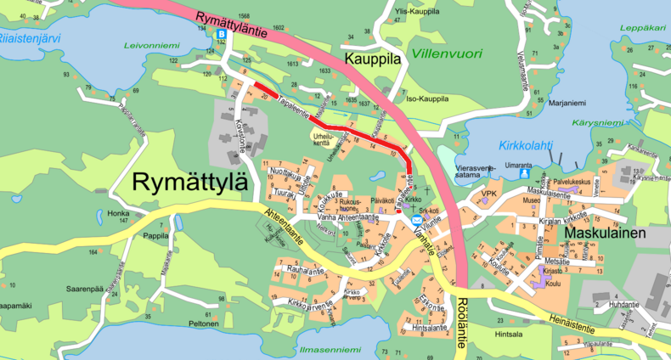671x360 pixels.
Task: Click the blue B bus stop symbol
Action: click(222, 34)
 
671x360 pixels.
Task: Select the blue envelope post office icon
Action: click(417, 220)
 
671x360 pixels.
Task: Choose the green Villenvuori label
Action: click(446, 53)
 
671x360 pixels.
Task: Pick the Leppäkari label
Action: click(642, 27)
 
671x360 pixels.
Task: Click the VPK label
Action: click(488, 194)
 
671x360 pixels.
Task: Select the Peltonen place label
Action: click(204, 323)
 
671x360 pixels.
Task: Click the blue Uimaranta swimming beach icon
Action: click(524, 173)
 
